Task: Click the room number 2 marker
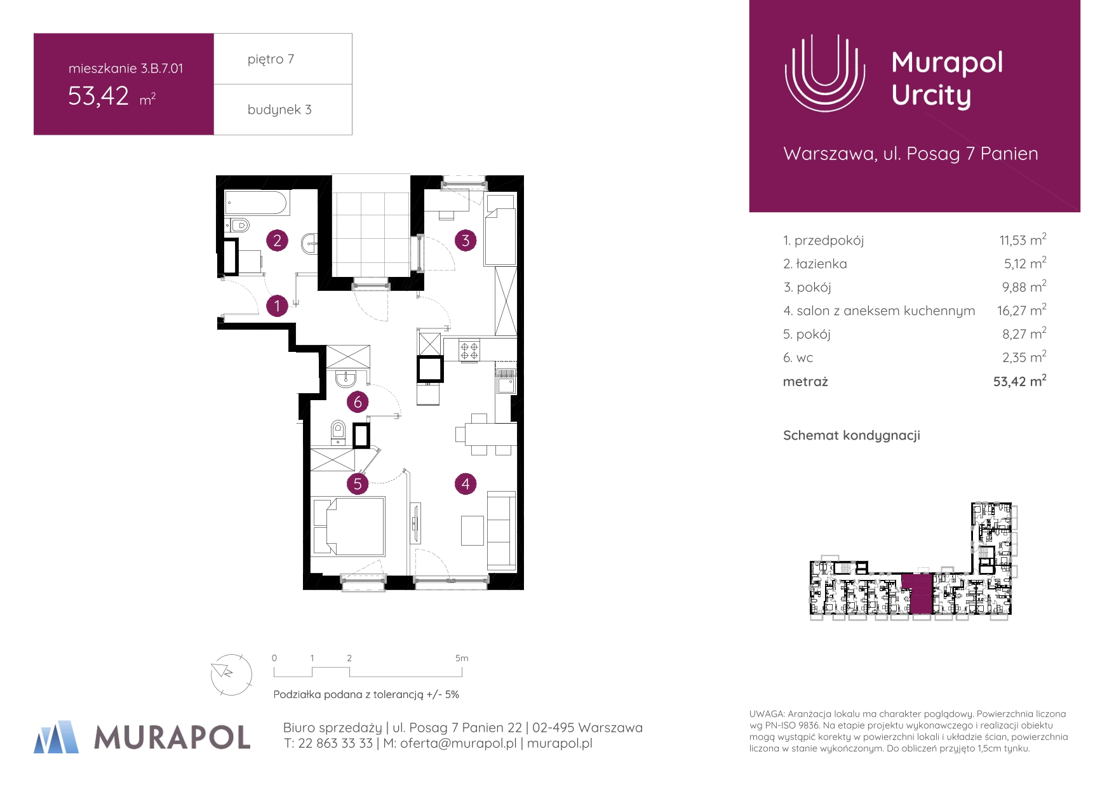[277, 241]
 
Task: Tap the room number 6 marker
[358, 402]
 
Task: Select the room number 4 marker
[466, 484]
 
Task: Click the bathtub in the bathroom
[257, 203]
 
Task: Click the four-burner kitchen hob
[469, 351]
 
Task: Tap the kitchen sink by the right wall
[506, 381]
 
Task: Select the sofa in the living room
[501, 530]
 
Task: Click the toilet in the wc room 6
[338, 432]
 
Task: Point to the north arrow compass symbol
[231, 675]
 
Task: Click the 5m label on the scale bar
[462, 658]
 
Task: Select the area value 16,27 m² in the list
[1021, 310]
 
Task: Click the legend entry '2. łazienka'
[815, 264]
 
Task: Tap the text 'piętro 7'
[271, 59]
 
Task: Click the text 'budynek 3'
[279, 109]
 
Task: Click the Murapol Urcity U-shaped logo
[825, 72]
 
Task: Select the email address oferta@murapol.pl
[458, 743]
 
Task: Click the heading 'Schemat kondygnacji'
[852, 436]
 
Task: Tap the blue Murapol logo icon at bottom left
[57, 737]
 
